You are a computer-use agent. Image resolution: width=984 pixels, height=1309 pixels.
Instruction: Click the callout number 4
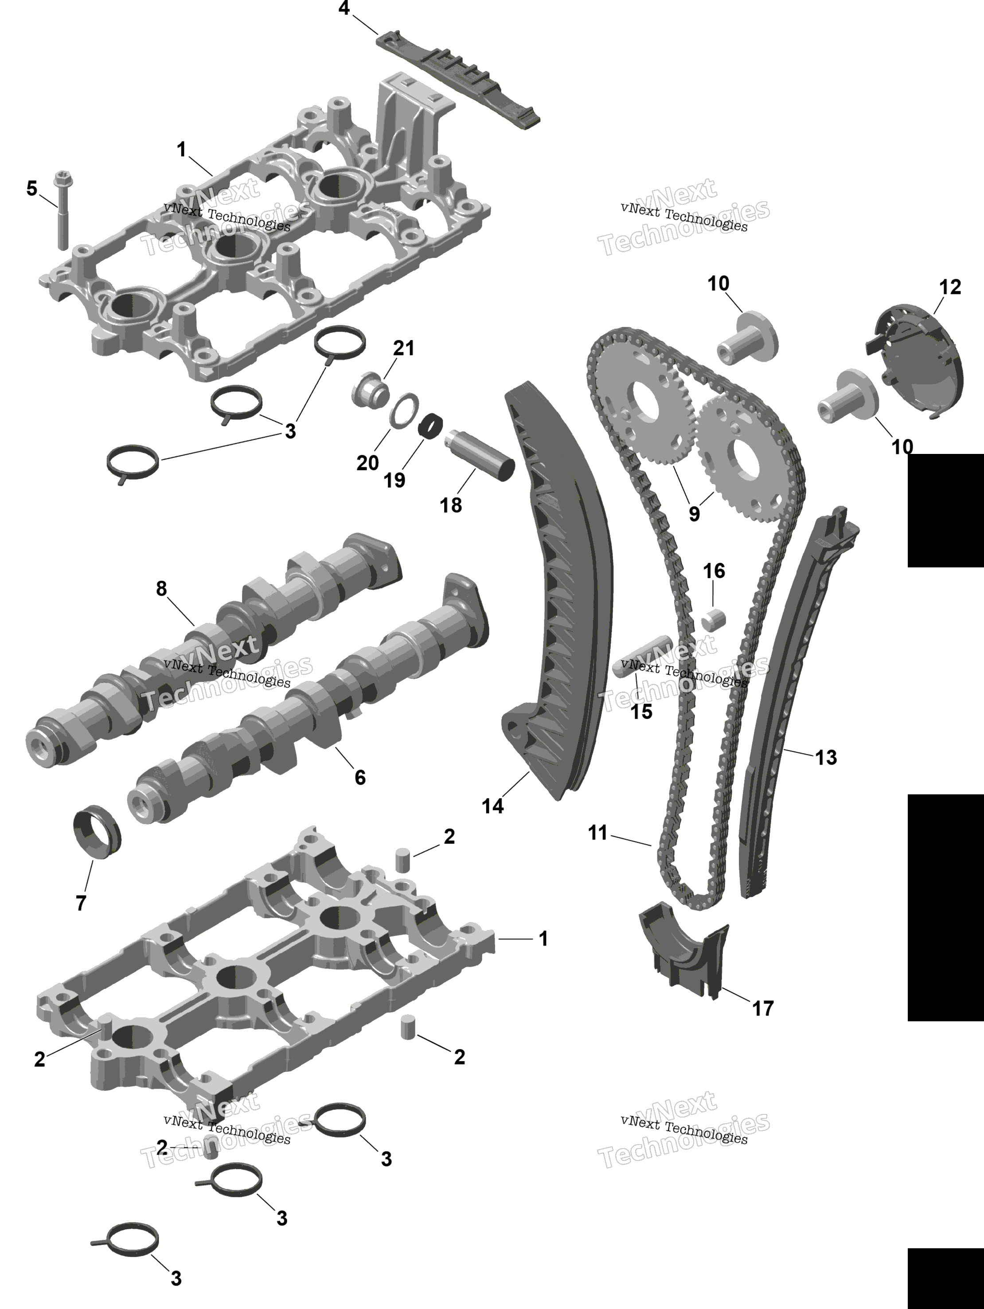344,9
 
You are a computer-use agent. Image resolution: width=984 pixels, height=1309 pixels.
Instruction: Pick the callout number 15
641,711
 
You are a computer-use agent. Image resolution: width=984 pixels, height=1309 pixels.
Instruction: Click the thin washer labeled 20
405,409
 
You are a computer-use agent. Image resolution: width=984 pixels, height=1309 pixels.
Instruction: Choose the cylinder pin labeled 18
479,456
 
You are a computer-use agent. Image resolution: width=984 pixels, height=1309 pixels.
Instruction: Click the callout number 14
492,805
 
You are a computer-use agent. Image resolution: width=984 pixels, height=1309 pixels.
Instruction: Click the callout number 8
161,588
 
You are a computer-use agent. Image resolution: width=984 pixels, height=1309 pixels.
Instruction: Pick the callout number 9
694,514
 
